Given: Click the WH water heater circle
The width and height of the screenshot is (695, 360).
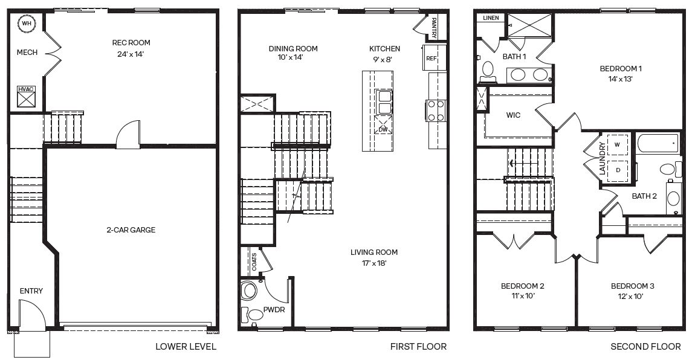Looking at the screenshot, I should point(27,24).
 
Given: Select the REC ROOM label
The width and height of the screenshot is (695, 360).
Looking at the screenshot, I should point(131,43).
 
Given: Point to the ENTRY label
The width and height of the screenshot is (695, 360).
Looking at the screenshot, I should point(31,291).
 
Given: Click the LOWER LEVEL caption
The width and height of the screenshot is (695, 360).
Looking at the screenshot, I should point(186,347).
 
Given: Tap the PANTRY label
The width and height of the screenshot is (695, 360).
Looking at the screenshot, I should point(434,27).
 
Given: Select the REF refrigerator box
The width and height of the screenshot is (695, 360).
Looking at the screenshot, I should point(431,59).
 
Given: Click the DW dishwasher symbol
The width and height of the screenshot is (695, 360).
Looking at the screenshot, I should point(383,129).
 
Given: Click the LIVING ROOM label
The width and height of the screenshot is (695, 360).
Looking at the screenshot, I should point(374,252).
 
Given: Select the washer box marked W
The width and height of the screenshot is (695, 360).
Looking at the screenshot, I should point(617,145).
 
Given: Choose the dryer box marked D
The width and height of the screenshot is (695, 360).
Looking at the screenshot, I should point(617,170).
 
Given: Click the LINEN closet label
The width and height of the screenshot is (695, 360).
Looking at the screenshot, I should point(491,18).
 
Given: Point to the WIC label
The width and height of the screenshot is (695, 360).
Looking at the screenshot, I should point(514,115).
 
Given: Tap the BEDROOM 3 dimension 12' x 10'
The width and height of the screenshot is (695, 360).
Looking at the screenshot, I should point(632,296).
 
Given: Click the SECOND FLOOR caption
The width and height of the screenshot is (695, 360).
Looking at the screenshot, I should point(645,347).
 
